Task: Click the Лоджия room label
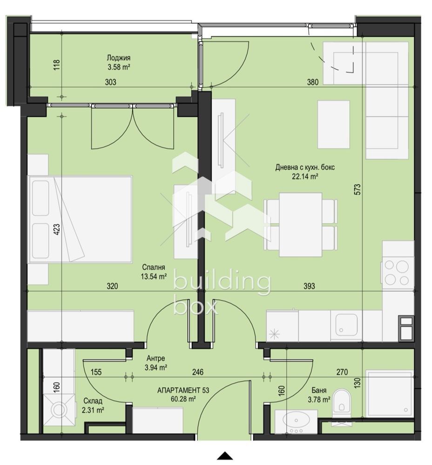pos(118,58)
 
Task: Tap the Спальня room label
pos(153,267)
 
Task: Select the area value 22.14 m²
pos(305,177)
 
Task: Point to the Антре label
pos(155,359)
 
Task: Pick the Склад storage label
pos(93,401)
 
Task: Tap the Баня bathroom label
pos(319,390)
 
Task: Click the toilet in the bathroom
pos(342,402)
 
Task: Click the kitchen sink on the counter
pos(346,325)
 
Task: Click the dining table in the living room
pos(300,225)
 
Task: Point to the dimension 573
pos(357,190)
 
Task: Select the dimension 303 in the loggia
pos(110,82)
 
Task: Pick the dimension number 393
pos(309,286)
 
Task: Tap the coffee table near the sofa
pos(333,124)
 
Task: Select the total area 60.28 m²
pos(183,399)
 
